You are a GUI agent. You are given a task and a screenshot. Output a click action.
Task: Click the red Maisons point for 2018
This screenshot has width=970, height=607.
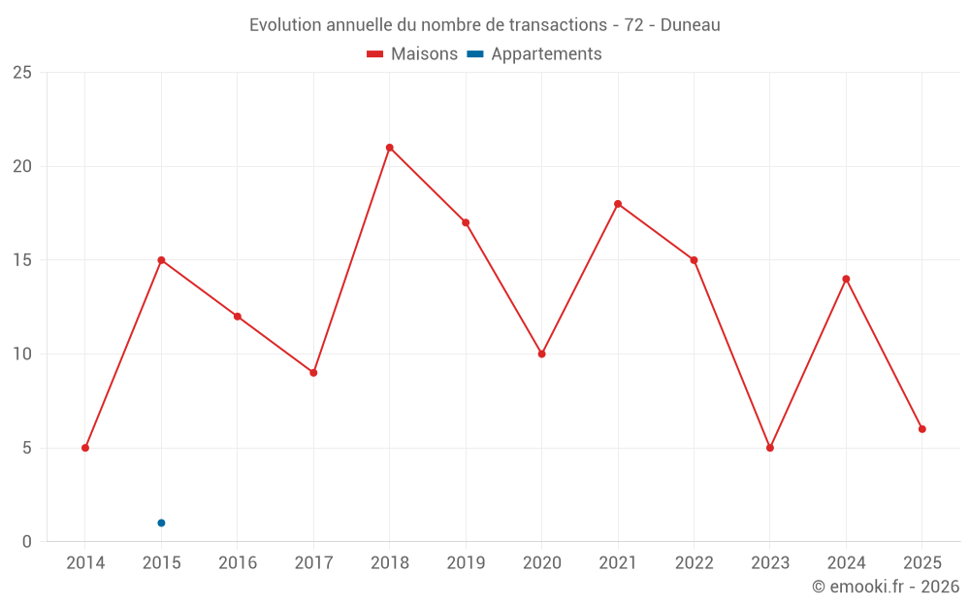click(389, 148)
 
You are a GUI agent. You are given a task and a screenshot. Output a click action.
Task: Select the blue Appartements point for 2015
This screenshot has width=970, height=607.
click(161, 523)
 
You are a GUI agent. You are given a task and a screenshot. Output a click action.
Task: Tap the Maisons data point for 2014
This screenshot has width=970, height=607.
click(85, 448)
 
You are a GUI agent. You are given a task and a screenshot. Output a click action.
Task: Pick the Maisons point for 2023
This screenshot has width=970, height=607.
click(770, 448)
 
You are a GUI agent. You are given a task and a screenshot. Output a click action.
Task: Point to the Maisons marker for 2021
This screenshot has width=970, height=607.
click(618, 204)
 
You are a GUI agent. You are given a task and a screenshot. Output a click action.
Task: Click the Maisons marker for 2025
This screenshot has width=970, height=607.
click(922, 428)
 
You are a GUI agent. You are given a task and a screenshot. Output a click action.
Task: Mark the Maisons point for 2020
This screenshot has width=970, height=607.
click(542, 354)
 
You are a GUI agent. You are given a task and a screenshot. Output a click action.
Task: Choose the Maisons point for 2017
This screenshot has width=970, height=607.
click(313, 373)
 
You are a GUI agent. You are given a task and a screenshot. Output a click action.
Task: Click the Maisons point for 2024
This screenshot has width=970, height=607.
click(846, 279)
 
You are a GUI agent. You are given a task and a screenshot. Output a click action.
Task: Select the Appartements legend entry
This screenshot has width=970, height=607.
click(546, 54)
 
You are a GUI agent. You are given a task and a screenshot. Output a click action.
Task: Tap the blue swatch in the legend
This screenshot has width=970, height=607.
click(475, 54)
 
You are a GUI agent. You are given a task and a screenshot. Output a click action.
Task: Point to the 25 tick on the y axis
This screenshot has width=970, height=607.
click(22, 73)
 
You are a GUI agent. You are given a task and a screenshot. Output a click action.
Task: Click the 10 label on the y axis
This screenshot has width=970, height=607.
click(22, 354)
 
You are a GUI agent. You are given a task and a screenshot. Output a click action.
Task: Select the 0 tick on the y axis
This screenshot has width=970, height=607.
click(27, 542)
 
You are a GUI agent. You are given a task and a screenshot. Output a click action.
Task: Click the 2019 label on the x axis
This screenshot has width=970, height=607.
click(466, 563)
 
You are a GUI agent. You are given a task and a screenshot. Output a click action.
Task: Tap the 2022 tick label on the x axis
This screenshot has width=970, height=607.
click(694, 563)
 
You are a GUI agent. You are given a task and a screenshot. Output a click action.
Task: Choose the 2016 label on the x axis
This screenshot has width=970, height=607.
click(238, 563)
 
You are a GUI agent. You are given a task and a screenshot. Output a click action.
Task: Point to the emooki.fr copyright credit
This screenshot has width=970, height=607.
click(885, 587)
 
